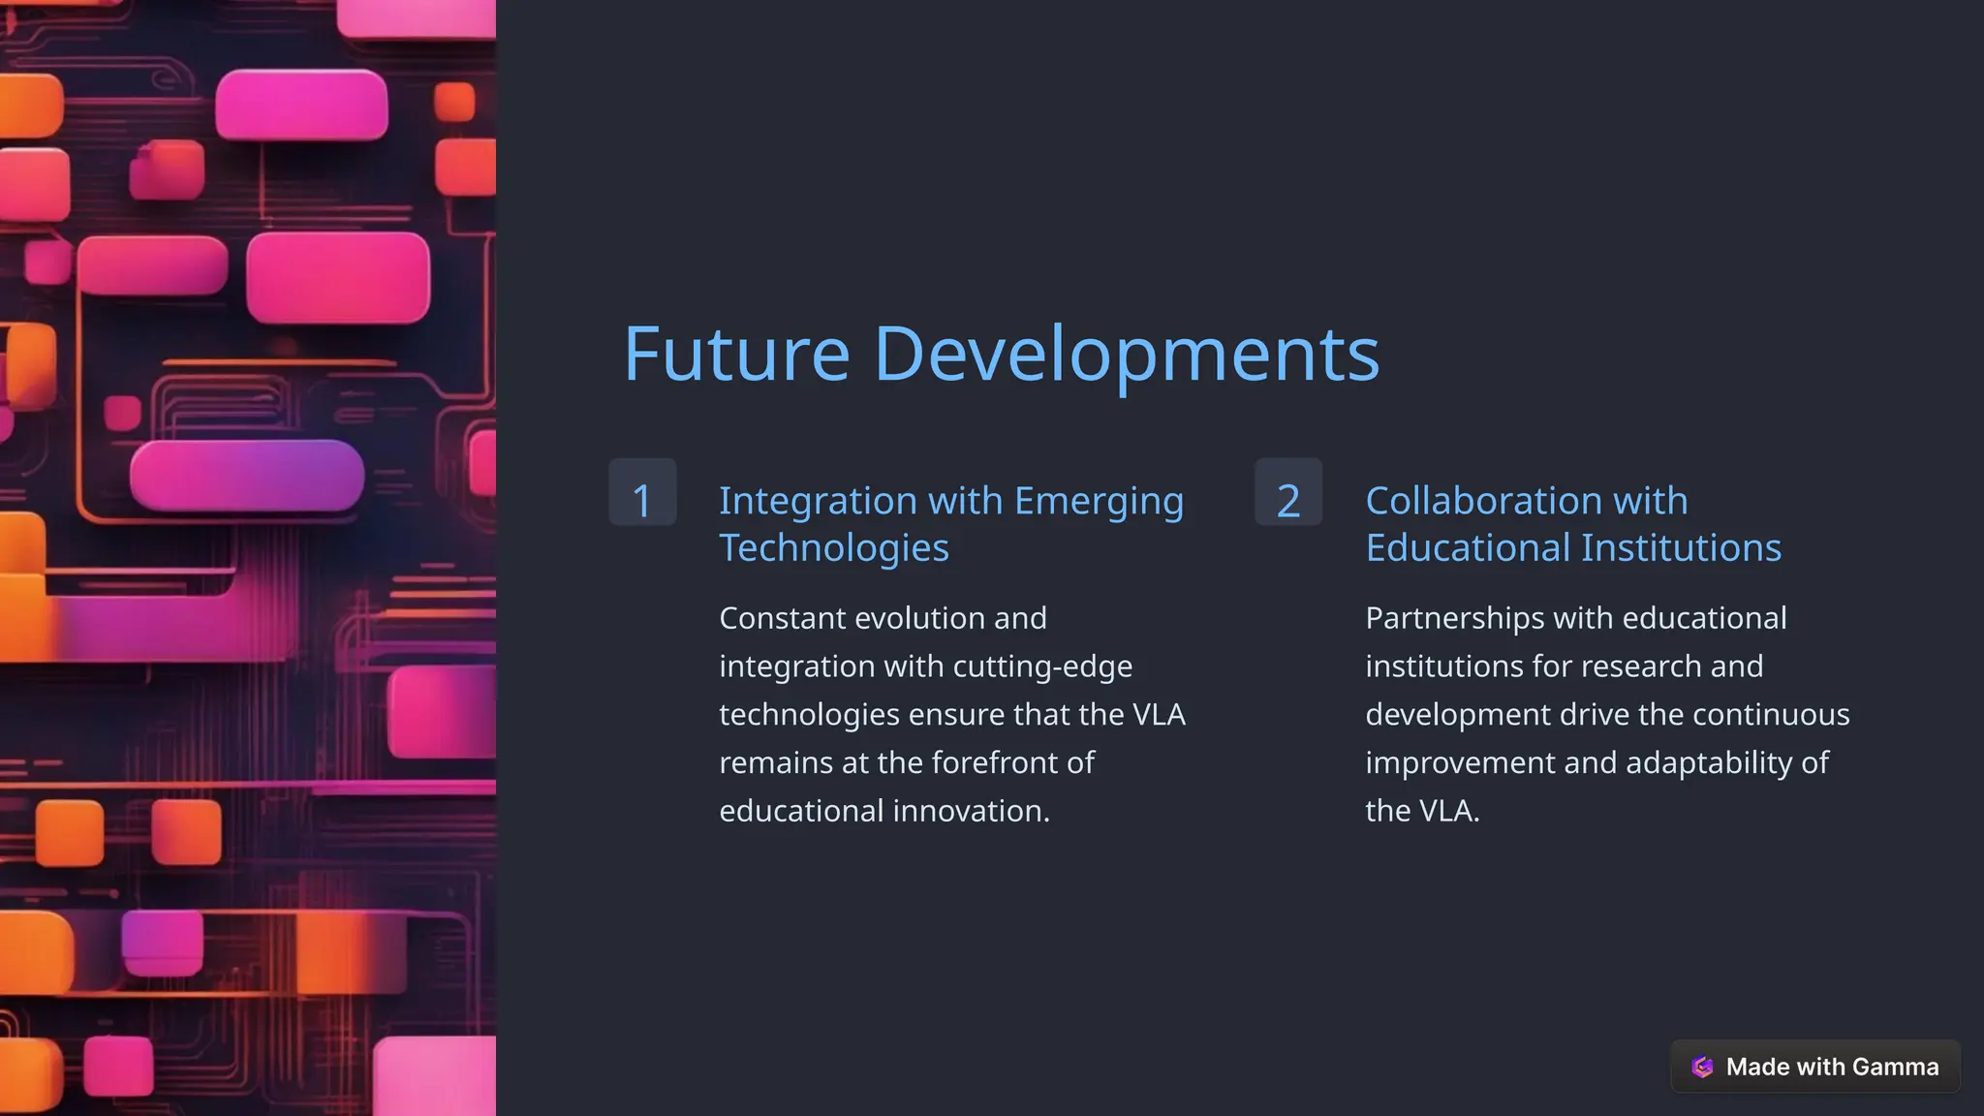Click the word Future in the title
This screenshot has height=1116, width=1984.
[736, 355]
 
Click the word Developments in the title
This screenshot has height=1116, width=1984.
[1127, 355]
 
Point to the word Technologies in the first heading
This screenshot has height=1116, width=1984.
[833, 548]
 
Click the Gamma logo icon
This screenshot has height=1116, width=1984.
[1702, 1067]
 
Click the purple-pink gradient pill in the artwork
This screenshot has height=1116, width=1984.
[247, 475]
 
